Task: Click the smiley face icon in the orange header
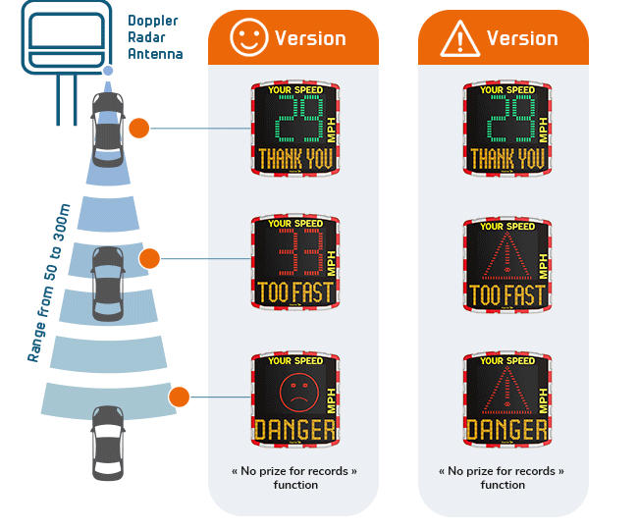click(248, 38)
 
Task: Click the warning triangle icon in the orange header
click(459, 38)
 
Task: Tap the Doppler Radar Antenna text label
click(155, 37)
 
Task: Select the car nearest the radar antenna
click(107, 128)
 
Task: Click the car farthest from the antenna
click(107, 442)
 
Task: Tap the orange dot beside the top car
click(139, 128)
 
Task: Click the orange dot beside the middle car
click(149, 259)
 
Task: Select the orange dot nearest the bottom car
click(179, 397)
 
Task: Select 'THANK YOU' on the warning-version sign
click(506, 159)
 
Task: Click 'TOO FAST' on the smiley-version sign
click(294, 293)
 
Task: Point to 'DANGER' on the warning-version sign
click(506, 430)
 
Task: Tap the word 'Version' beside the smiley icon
click(310, 38)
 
